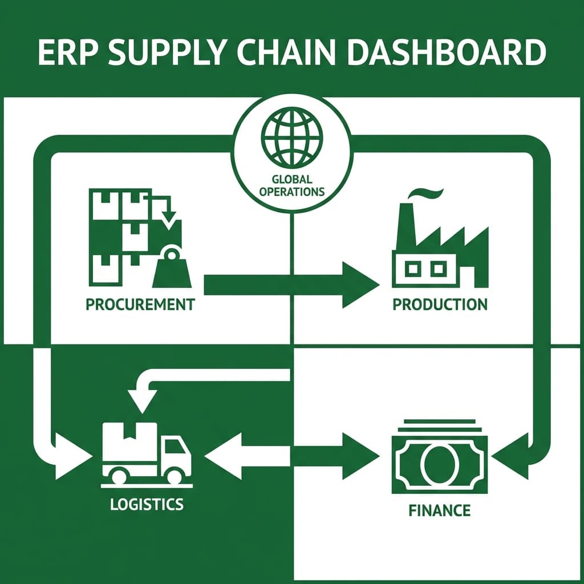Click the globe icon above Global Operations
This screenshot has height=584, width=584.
[291, 137]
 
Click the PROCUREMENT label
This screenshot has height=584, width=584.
[140, 304]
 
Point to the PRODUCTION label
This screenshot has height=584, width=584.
[440, 304]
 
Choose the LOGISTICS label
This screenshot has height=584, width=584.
[147, 504]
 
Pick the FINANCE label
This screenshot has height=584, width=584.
[440, 509]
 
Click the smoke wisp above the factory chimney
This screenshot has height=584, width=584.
[425, 193]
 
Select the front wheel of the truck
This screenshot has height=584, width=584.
[176, 474]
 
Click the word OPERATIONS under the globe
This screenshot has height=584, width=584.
[291, 192]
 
